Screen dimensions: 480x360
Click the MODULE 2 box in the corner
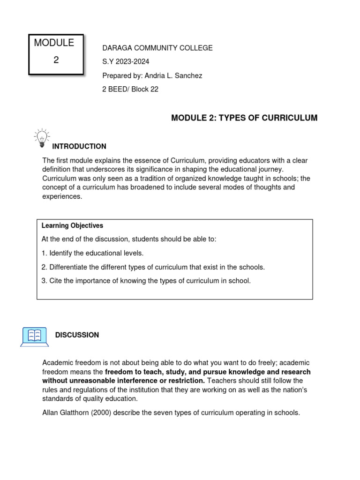click(55, 54)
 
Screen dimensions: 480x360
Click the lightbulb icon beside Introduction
click(41, 137)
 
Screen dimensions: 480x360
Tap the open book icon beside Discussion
click(34, 336)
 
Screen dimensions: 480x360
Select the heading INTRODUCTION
click(79, 146)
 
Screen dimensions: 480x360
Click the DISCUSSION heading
click(77, 335)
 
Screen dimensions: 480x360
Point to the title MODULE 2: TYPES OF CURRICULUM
click(244, 118)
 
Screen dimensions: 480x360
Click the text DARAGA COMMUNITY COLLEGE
click(157, 48)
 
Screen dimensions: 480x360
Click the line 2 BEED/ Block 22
click(130, 89)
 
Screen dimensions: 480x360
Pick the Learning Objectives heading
click(72, 225)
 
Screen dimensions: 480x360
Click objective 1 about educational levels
click(92, 253)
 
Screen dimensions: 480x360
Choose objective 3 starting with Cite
click(146, 281)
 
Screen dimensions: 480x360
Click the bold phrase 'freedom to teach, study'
click(150, 372)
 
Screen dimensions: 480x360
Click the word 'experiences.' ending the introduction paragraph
click(62, 196)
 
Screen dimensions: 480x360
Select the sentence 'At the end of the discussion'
click(129, 239)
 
